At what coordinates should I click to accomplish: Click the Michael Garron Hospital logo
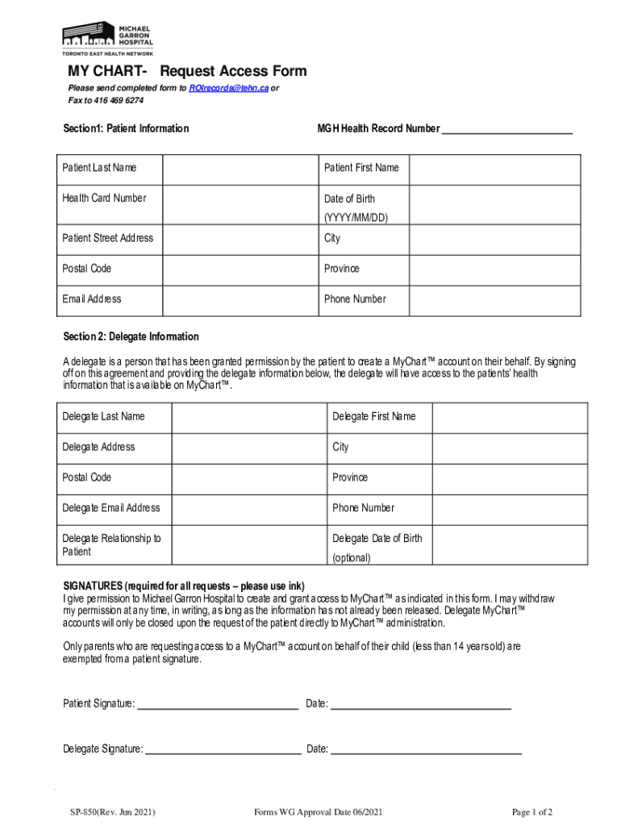tap(107, 36)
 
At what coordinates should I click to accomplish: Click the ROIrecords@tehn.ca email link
tap(228, 88)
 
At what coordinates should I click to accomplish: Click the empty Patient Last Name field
tap(238, 169)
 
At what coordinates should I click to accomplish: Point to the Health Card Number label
tap(105, 198)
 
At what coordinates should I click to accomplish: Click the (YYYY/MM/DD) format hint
tap(356, 218)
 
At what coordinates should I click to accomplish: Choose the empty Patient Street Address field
tap(238, 239)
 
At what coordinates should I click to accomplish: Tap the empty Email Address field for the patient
tap(238, 299)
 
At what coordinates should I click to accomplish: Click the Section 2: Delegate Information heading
tap(131, 336)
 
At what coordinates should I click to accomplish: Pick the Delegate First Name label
tap(374, 417)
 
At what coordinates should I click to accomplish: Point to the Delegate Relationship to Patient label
tap(111, 545)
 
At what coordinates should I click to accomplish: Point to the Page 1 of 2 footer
tap(532, 812)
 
